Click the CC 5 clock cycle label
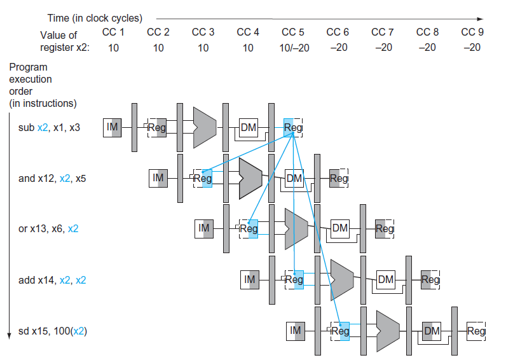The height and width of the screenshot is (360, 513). coord(292,32)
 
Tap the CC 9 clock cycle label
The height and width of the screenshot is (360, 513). coord(472,32)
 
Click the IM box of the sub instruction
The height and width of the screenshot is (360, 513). coord(113,128)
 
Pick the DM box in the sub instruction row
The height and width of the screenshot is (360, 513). coord(248,128)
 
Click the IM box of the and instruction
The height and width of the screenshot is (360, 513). coord(158,178)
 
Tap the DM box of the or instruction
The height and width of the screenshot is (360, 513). coord(340,228)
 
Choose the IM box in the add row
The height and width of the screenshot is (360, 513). coord(250,279)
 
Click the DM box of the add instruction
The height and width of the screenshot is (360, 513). coord(386,279)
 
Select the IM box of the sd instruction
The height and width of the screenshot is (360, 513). coord(295,330)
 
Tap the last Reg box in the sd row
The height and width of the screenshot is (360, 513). coord(476,330)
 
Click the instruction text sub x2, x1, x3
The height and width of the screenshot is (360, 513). coord(50,128)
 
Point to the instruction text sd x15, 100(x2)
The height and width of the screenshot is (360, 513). coord(52,331)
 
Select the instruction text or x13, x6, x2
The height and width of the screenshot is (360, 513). coord(49,228)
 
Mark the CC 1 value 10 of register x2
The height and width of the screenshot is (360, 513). coord(113,48)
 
